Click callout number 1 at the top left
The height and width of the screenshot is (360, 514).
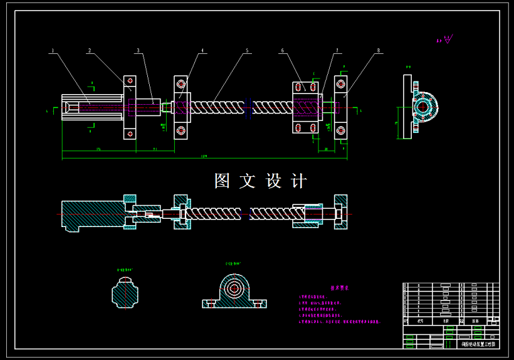coord(53,50)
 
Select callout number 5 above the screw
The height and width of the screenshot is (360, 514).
coord(247,50)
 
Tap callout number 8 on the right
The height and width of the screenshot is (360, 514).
coord(379,50)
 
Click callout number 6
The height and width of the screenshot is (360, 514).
coord(282,50)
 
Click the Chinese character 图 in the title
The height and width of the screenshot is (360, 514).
coord(223,181)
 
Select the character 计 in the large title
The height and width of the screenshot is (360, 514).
coord(299,181)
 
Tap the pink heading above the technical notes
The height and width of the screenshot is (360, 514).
coord(339,288)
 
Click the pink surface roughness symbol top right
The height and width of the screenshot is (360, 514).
coord(447,40)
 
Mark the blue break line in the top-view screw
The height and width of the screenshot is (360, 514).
coord(250,107)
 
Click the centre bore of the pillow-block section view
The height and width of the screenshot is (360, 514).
coord(235,289)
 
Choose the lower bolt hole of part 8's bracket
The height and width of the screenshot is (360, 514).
coord(340,130)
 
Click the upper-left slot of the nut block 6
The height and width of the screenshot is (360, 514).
coord(299,87)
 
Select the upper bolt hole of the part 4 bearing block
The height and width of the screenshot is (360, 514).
coord(181,83)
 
